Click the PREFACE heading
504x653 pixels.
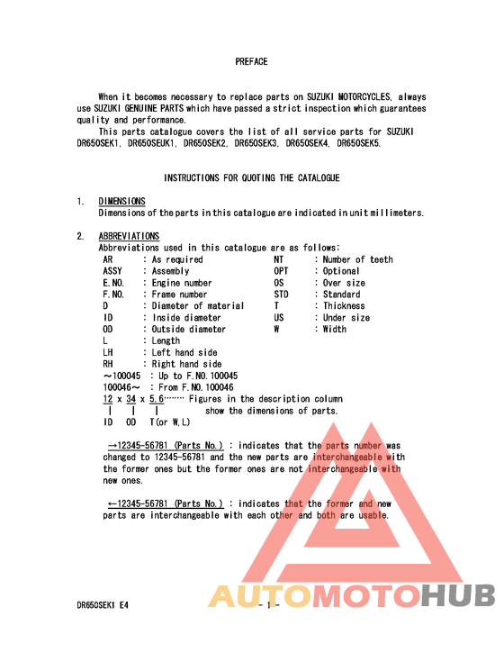pyautogui.click(x=251, y=61)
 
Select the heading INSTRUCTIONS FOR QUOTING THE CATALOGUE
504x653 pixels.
pyautogui.click(x=251, y=178)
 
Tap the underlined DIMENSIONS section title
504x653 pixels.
pyautogui.click(x=121, y=201)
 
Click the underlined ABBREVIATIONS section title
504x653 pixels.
pyautogui.click(x=129, y=236)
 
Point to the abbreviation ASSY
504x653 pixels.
pyautogui.click(x=113, y=271)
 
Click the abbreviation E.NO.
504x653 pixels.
pyautogui.click(x=113, y=283)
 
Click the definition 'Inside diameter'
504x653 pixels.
pyautogui.click(x=186, y=318)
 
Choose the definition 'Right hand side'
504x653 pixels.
pyautogui.click(x=186, y=365)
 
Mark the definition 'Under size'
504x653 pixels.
pyautogui.click(x=346, y=318)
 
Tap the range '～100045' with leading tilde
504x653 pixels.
pyautogui.click(x=121, y=376)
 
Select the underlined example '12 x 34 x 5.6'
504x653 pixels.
pyautogui.click(x=133, y=398)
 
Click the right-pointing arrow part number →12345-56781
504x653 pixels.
pyautogui.click(x=166, y=445)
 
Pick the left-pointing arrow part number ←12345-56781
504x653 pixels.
pyautogui.click(x=166, y=503)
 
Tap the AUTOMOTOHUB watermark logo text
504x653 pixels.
pyautogui.click(x=352, y=596)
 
